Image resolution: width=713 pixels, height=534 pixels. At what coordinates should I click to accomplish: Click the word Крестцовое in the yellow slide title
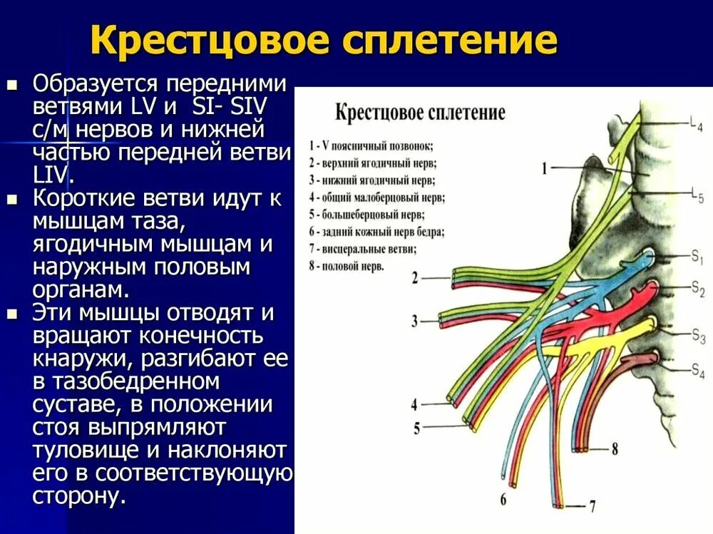(x=210, y=41)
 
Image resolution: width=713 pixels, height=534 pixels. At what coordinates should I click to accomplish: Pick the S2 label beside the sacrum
(x=697, y=288)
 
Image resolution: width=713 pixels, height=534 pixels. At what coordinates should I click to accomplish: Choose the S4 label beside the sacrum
(x=697, y=369)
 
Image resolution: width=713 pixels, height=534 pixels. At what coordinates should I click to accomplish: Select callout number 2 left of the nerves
(x=416, y=278)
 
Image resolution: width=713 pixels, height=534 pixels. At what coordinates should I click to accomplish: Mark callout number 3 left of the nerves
(x=416, y=321)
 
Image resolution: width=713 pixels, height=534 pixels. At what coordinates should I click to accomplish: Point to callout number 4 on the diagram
(x=415, y=405)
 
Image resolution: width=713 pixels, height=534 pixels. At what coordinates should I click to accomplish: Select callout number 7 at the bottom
(x=591, y=507)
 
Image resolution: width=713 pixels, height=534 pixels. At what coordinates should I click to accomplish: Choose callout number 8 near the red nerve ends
(x=615, y=449)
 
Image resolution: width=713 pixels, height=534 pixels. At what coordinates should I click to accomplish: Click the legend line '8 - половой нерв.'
(x=347, y=266)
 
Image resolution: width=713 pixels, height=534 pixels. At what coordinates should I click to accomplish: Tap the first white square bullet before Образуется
(x=11, y=85)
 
